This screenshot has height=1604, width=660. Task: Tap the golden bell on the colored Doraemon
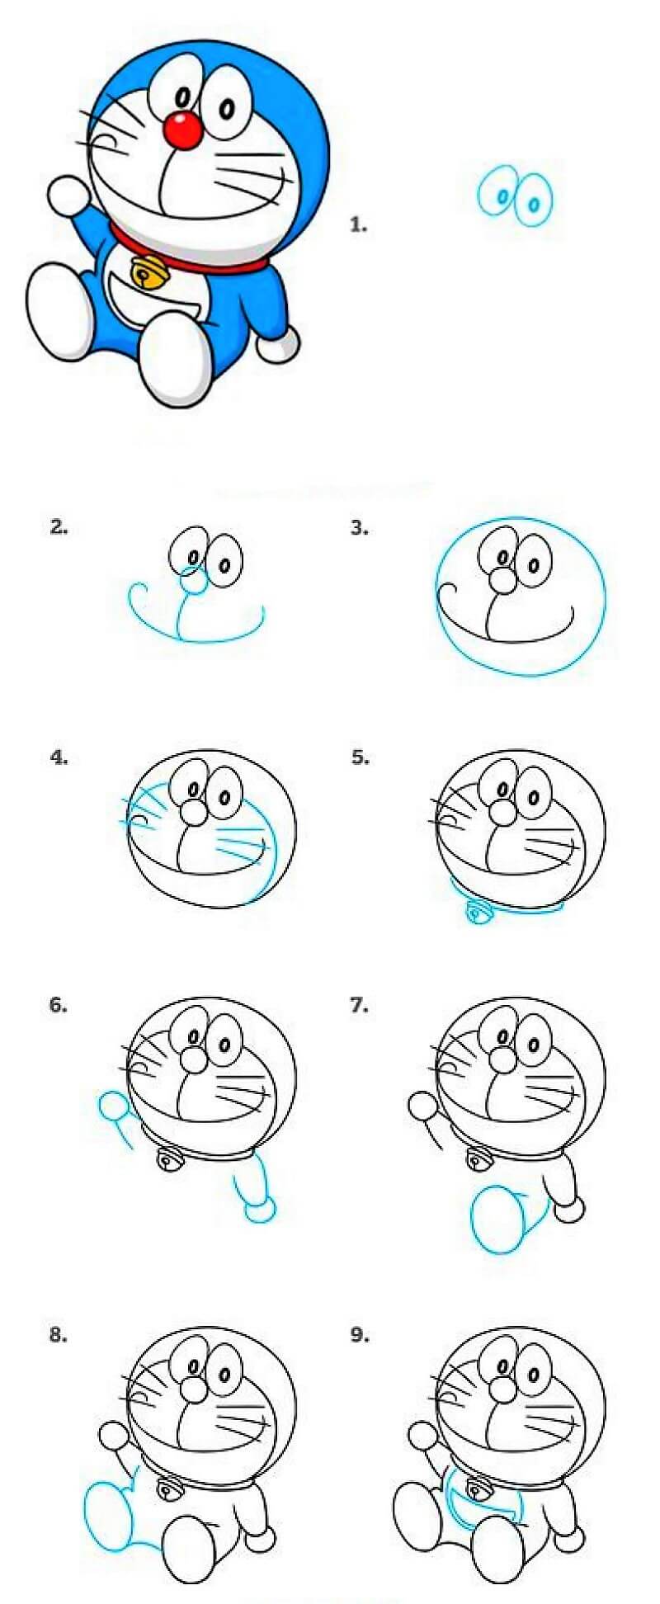click(x=148, y=271)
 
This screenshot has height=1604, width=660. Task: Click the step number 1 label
click(x=358, y=224)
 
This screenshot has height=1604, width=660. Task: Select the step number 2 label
click(x=59, y=527)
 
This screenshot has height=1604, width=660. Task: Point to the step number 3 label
click(x=359, y=527)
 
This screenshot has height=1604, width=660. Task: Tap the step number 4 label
click(x=59, y=757)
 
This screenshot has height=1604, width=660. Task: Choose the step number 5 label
click(x=359, y=757)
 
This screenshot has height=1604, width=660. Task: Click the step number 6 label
click(x=59, y=1005)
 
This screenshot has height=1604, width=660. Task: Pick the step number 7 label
click(x=359, y=1005)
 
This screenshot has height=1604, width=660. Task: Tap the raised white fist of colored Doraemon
click(x=68, y=196)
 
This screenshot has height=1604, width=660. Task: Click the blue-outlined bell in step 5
click(x=477, y=911)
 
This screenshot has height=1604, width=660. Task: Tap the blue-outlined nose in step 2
click(x=194, y=582)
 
